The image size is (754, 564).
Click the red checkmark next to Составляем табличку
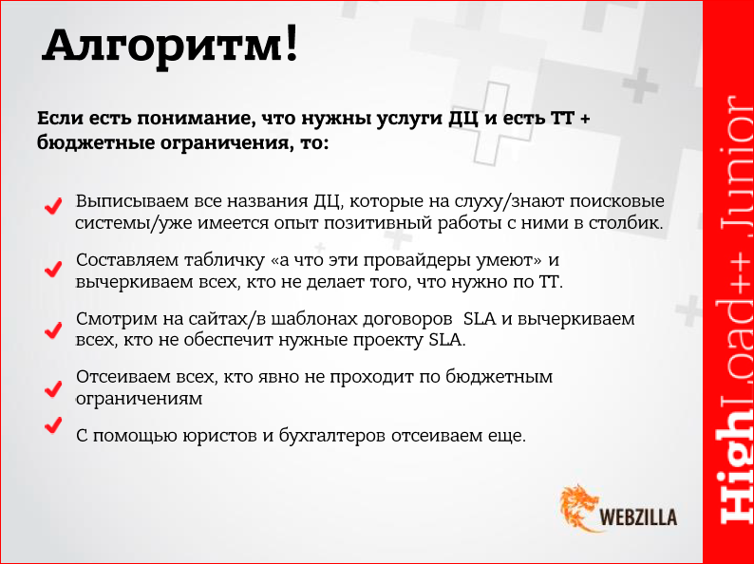point(53,271)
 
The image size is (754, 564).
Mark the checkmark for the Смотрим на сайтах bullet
point(53,329)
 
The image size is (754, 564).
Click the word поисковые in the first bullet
point(618,202)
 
